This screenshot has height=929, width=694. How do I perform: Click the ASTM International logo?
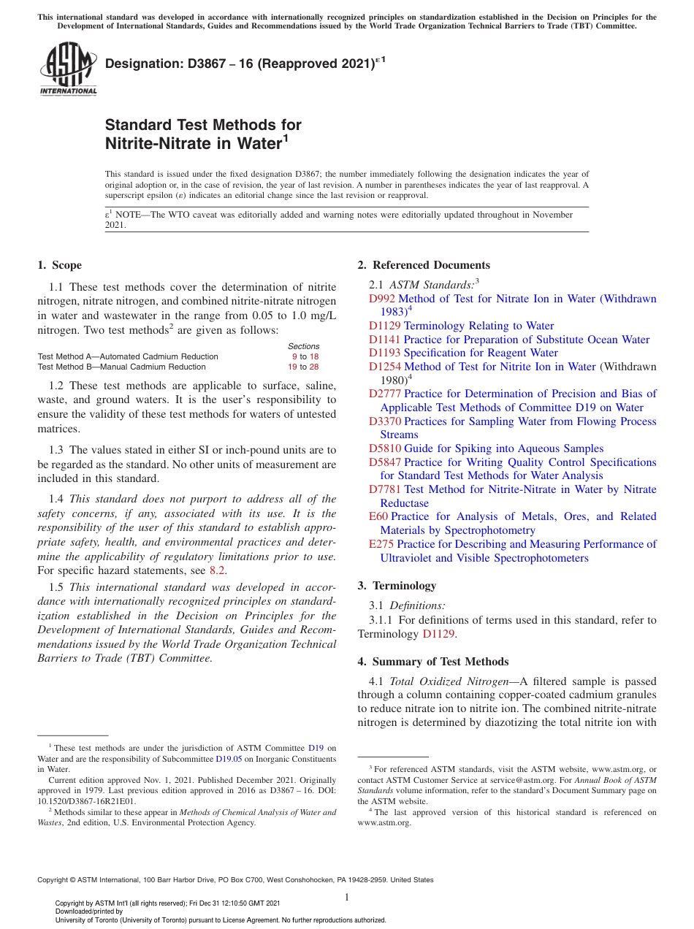coord(67,69)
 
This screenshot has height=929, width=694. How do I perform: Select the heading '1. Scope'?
coord(59,265)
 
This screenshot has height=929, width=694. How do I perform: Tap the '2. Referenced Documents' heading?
coord(424,265)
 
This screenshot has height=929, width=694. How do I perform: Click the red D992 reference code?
coord(382,299)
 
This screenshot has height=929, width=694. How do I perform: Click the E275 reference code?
coord(381,544)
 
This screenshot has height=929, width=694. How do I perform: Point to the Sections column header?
coord(303,346)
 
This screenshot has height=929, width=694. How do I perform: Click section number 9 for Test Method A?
coord(294,356)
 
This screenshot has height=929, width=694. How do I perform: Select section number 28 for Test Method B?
coord(314,367)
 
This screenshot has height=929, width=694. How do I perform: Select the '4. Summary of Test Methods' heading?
coord(433,662)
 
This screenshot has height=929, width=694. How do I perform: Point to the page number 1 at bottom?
coord(347,898)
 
